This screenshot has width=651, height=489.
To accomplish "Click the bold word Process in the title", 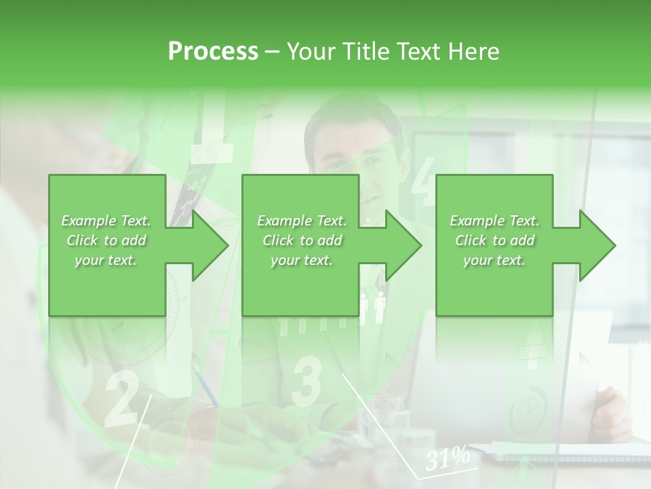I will [x=213, y=52].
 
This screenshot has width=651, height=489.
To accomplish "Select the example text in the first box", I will [x=106, y=240].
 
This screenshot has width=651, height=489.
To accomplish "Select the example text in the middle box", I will [x=302, y=240].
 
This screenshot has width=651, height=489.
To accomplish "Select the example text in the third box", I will [x=494, y=240].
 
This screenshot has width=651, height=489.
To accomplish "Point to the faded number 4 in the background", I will [x=425, y=181].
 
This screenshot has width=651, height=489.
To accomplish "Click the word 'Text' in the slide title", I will [x=415, y=52].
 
